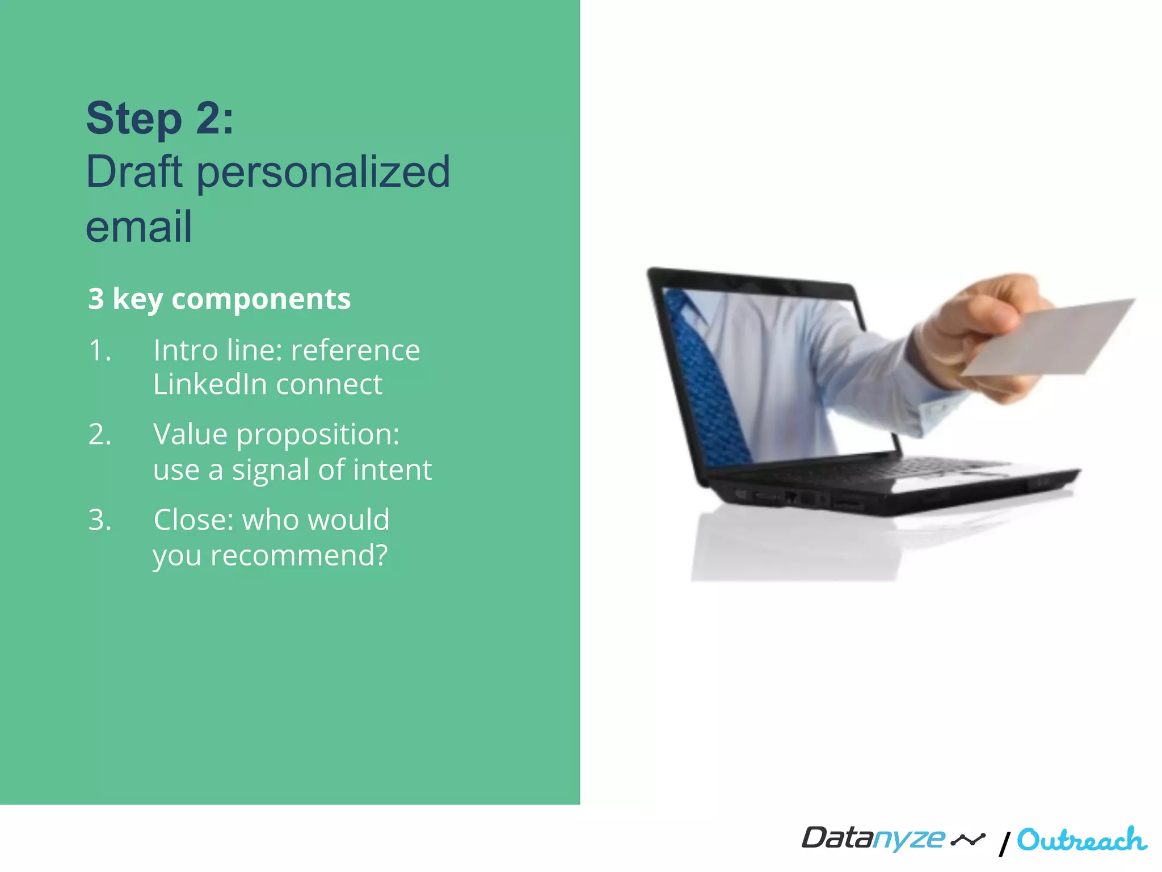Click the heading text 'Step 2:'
click(x=159, y=118)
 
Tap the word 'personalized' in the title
click(x=323, y=173)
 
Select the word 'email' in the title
click(x=139, y=226)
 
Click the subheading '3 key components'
click(x=219, y=299)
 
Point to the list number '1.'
click(x=100, y=350)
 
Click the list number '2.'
click(x=100, y=435)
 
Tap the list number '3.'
click(x=100, y=520)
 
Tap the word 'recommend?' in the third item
click(x=299, y=555)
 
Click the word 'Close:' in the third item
click(x=193, y=520)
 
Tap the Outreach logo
click(x=1081, y=840)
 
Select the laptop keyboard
click(x=908, y=469)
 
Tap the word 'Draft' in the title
click(x=134, y=173)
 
